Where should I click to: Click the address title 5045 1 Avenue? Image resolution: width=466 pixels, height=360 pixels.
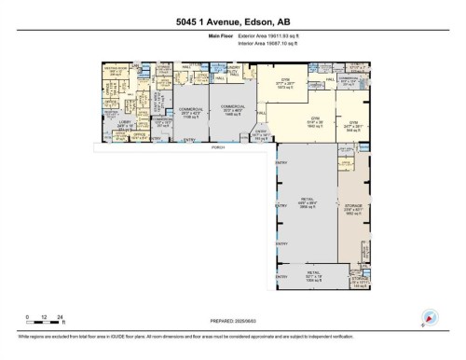click(233, 21)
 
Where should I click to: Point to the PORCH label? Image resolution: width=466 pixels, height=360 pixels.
click(217, 146)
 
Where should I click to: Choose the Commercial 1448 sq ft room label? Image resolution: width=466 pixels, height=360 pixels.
click(231, 110)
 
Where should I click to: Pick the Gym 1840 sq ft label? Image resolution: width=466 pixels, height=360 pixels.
click(316, 122)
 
